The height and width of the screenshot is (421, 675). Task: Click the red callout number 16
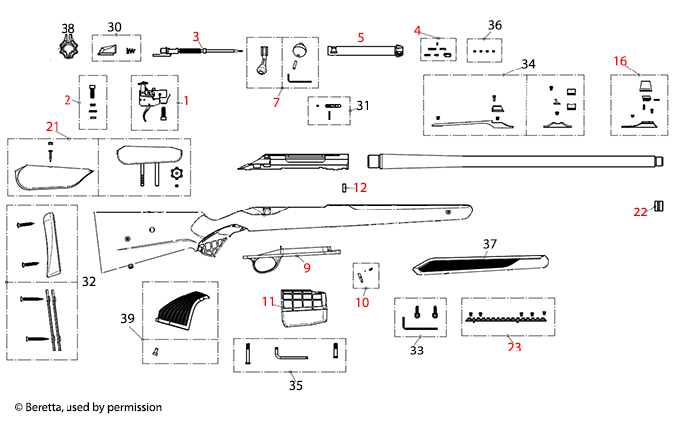[620, 61]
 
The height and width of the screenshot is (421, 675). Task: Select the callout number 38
[67, 27]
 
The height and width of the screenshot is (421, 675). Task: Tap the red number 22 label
[640, 210]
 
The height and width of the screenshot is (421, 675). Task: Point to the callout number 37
[489, 243]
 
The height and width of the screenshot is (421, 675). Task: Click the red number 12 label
[360, 187]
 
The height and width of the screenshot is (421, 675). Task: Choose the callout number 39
[126, 318]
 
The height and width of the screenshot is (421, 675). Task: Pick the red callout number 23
[513, 348]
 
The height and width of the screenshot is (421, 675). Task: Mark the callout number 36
[495, 25]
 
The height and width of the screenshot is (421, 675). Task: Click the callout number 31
[363, 106]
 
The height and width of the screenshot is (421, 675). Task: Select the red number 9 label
[306, 268]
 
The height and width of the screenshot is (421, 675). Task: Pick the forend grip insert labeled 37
[476, 263]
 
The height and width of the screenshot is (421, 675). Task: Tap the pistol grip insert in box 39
[185, 308]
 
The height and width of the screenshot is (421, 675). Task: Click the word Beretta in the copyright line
[48, 407]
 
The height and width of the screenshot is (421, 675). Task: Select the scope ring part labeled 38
[67, 48]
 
